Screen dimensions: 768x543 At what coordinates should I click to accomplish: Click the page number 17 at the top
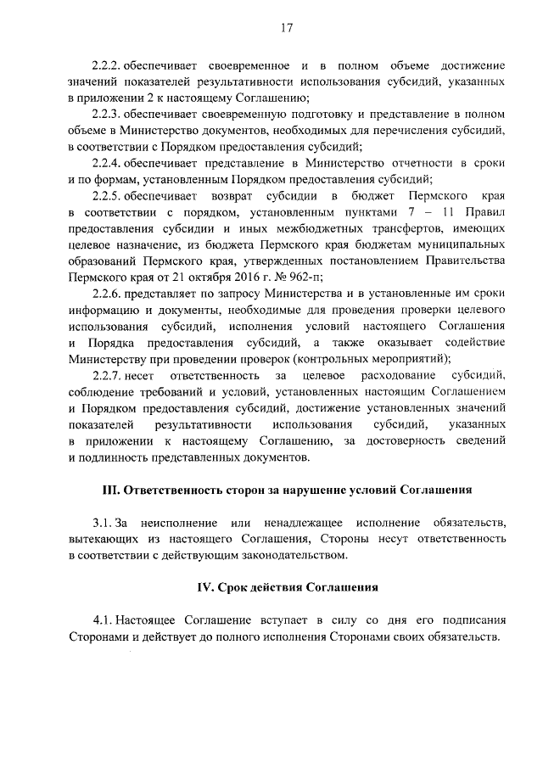click(x=286, y=28)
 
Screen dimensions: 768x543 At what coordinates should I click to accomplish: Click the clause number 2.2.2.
click(x=108, y=65)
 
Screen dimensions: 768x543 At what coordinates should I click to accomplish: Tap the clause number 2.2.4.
click(x=108, y=163)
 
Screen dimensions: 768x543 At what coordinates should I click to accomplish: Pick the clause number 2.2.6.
click(x=108, y=293)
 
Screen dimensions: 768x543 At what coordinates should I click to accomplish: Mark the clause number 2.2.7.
click(x=108, y=374)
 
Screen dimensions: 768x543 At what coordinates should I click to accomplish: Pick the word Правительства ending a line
click(x=461, y=260)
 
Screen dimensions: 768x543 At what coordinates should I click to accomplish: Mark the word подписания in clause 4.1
click(x=473, y=621)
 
